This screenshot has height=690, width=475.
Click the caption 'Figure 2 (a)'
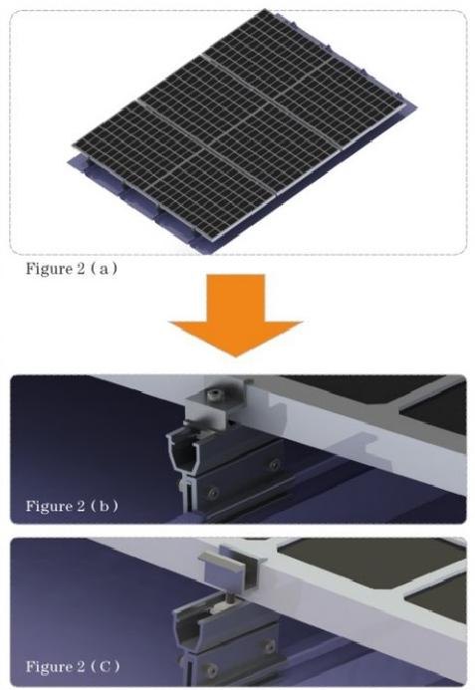pyautogui.click(x=72, y=269)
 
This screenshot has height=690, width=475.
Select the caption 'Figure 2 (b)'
pyautogui.click(x=72, y=506)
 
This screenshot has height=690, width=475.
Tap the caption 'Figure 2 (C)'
pyautogui.click(x=73, y=666)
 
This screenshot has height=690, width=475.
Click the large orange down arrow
pyautogui.click(x=236, y=315)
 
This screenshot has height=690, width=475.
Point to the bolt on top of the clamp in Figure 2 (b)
pyautogui.click(x=214, y=395)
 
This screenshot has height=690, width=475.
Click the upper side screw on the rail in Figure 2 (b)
pyautogui.click(x=275, y=464)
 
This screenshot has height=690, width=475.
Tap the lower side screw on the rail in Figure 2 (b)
pyautogui.click(x=213, y=492)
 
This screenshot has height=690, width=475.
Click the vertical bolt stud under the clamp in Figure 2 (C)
pyautogui.click(x=232, y=599)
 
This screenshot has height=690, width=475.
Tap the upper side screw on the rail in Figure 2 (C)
pyautogui.click(x=268, y=645)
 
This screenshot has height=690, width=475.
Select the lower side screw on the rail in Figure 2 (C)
pyautogui.click(x=212, y=670)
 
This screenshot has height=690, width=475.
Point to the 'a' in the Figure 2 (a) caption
pyautogui.click(x=104, y=269)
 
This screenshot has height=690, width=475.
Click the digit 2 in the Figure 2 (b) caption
pyautogui.click(x=80, y=505)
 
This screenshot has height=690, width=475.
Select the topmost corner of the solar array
pyautogui.click(x=264, y=10)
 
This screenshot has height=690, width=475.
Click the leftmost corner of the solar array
pyautogui.click(x=74, y=144)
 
